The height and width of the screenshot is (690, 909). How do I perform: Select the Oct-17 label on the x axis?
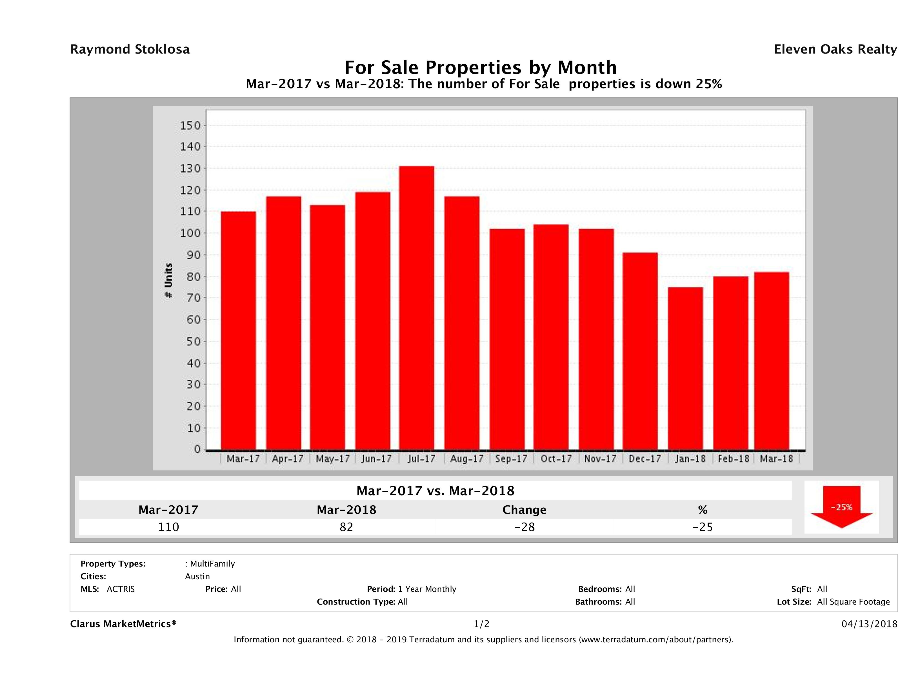(x=556, y=459)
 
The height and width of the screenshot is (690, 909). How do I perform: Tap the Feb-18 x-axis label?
(x=734, y=459)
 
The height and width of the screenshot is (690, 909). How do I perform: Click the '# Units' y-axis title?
(x=168, y=280)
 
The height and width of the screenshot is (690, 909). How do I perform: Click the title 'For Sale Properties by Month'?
(x=480, y=67)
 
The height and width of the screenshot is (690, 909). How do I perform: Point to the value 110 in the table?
(x=168, y=527)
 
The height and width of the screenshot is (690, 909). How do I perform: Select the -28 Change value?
(x=524, y=527)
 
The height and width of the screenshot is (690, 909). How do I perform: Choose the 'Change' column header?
(x=524, y=510)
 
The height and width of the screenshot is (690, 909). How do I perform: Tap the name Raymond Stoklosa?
(x=130, y=49)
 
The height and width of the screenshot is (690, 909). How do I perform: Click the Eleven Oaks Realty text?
(x=835, y=49)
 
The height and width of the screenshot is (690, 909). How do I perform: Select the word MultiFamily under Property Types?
(x=212, y=564)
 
